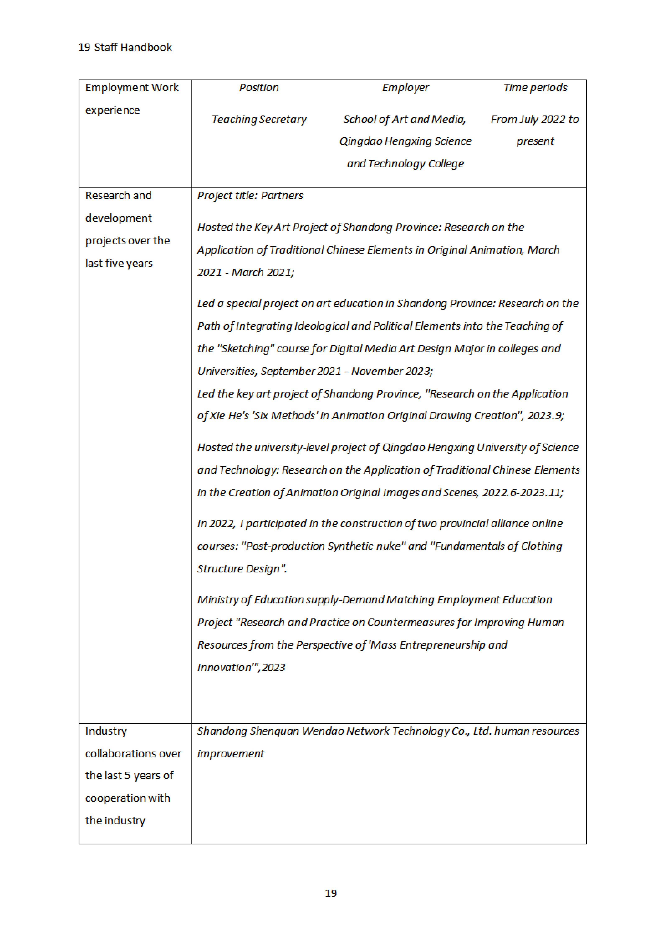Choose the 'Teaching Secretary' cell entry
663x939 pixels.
point(259,119)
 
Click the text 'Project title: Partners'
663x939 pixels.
point(250,195)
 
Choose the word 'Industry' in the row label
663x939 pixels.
point(106,731)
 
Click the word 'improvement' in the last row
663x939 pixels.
point(231,754)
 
